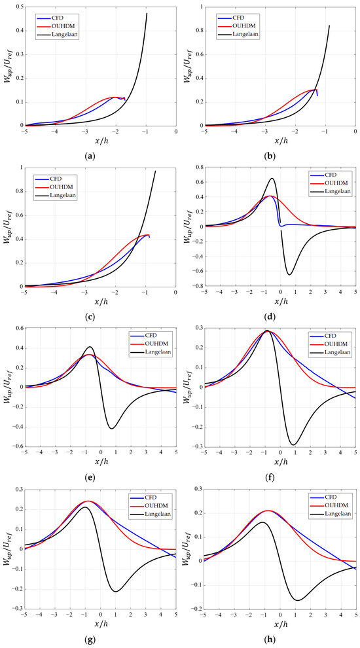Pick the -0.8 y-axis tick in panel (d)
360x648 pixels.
coord(197,286)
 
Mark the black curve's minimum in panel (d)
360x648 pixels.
coord(289,275)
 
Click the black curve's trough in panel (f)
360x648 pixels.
coord(293,444)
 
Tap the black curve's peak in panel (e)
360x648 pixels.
coord(90,347)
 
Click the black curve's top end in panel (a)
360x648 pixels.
coord(147,13)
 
